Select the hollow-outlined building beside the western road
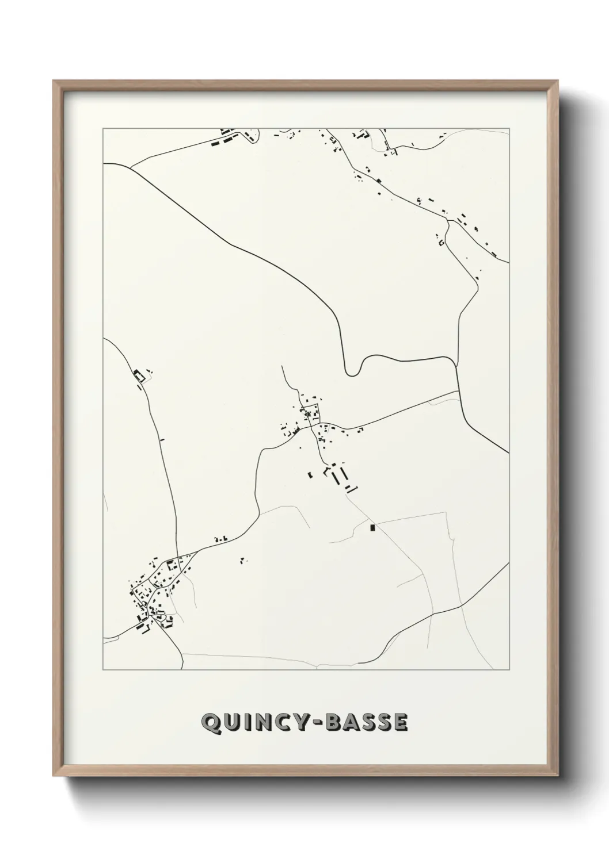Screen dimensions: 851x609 pos(138,376)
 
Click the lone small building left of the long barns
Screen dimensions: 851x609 pos(310,475)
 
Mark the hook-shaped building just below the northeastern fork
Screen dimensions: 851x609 pos(441,241)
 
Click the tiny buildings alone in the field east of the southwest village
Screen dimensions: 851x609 pos(243,559)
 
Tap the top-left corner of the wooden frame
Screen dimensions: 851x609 pos(54,81)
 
